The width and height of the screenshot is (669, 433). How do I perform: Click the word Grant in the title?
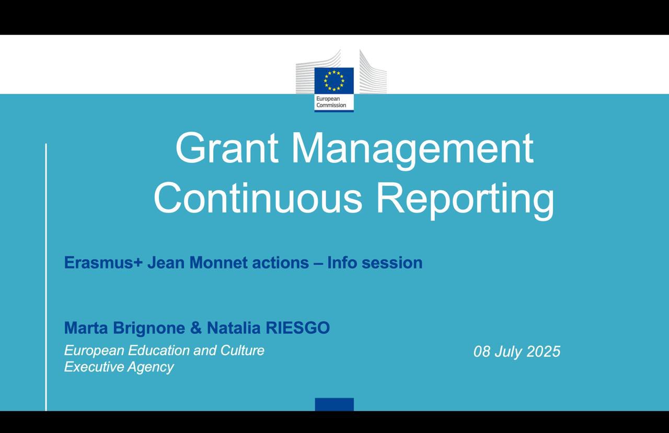[227, 148]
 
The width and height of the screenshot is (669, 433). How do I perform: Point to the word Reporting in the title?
[465, 201]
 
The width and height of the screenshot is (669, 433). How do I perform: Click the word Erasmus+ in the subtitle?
[103, 263]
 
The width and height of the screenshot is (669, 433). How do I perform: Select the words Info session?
[375, 263]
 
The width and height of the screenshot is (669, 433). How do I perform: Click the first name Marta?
[86, 327]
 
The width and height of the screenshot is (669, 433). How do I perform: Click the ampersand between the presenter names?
[196, 327]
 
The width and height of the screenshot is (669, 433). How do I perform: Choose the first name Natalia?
[234, 327]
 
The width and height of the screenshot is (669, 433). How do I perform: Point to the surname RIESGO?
[298, 327]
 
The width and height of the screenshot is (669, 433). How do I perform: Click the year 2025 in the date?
[544, 351]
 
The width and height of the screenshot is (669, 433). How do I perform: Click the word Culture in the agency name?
[242, 350]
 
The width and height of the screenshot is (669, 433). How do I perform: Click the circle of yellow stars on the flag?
[334, 80]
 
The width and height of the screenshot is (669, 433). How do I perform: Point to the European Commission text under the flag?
[331, 102]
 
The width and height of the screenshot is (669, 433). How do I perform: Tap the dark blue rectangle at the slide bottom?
[334, 404]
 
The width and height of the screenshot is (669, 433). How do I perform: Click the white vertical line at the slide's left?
[46, 277]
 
